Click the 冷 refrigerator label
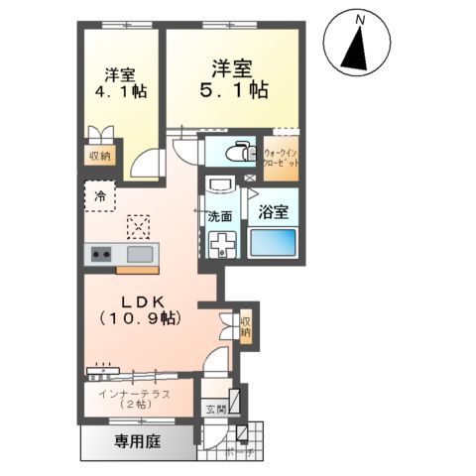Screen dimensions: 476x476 coord(99,195)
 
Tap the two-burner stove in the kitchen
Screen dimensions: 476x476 coord(101,255)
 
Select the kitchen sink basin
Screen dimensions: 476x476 coord(139,255)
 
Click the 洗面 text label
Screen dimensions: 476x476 coord(220,215)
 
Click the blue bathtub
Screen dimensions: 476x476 coord(273,243)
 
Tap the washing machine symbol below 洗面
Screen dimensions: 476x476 coord(220,243)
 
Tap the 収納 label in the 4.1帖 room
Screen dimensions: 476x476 coord(99,156)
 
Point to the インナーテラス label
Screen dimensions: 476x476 coord(134,395)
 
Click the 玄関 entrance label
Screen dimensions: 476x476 coord(215,409)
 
